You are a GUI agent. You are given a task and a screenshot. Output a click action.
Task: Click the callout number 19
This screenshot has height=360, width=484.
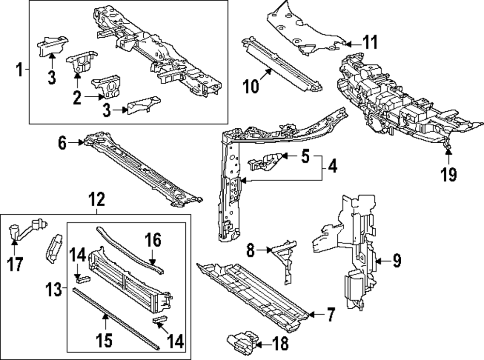point(449,174)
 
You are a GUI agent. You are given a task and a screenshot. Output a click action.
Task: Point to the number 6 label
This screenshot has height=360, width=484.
point(62,143)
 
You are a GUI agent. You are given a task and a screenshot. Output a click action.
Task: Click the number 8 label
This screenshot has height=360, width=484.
point(250,250)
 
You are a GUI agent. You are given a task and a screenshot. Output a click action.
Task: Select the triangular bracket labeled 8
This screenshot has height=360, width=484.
point(286,261)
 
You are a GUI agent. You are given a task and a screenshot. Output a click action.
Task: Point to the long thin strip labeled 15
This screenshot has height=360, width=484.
point(116,317)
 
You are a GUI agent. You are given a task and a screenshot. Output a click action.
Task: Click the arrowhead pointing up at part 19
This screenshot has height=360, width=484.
point(449,153)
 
